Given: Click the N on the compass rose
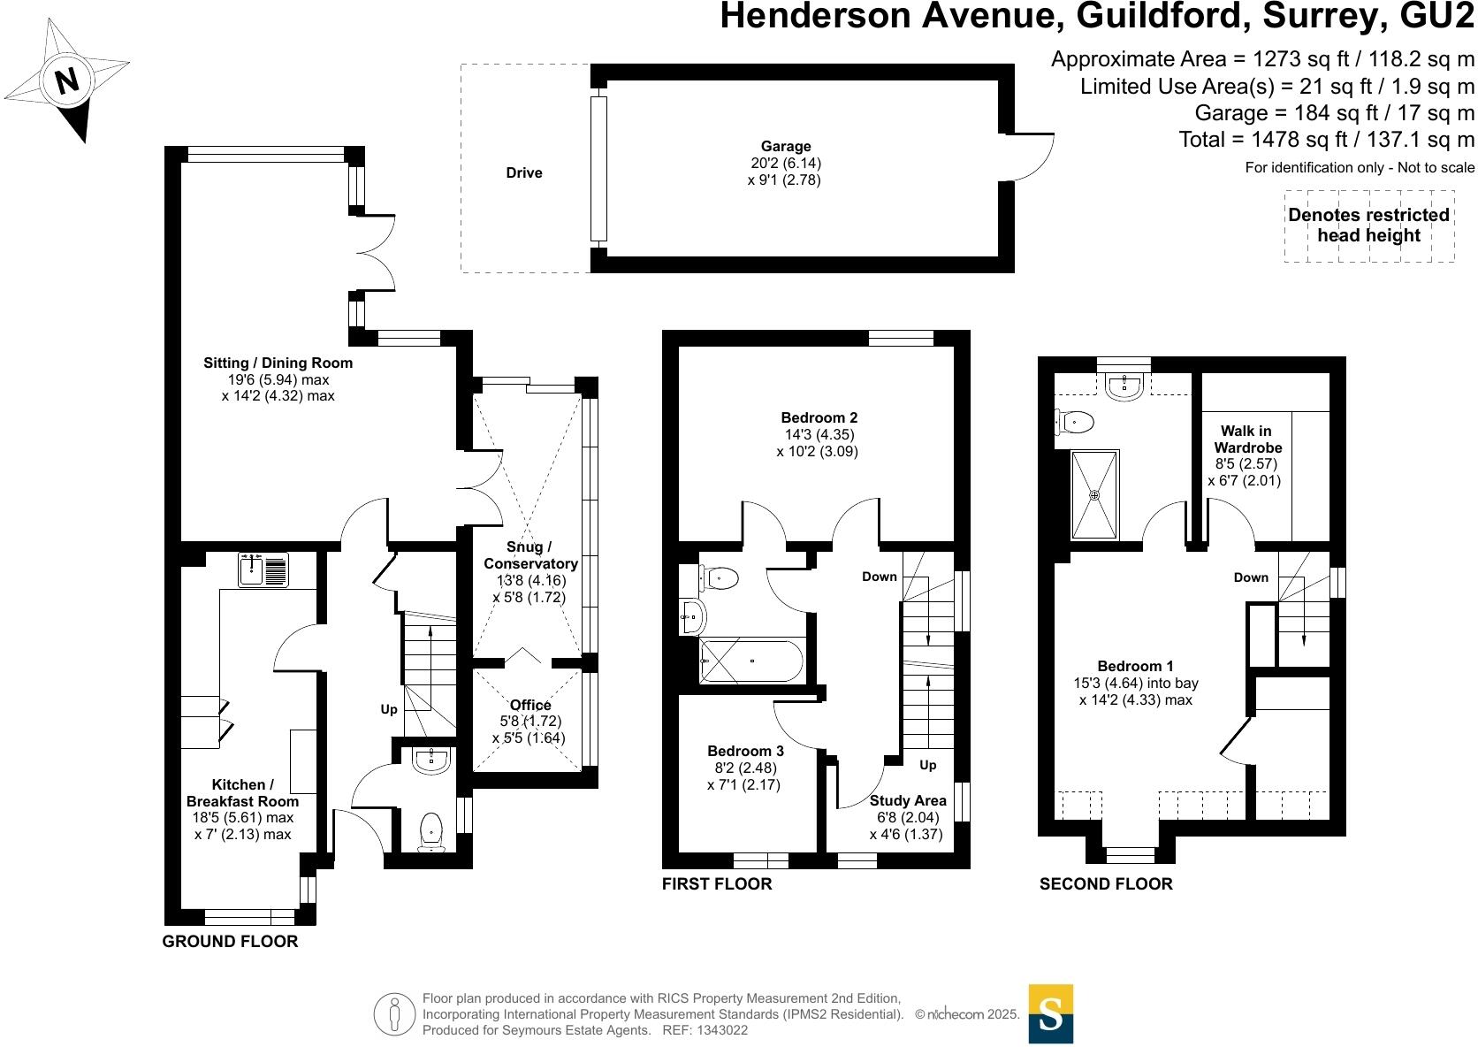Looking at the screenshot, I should point(67,81).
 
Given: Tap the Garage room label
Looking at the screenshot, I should point(785,147).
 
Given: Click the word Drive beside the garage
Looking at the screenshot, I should point(524,173).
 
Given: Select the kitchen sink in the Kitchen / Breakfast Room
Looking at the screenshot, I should point(263,569).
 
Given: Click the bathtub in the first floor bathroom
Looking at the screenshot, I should point(750,661).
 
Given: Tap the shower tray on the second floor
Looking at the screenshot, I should point(1094,494).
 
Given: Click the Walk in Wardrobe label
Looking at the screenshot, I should point(1246,439).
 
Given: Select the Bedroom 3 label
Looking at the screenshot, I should point(745,751).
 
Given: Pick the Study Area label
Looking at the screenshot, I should point(908,800).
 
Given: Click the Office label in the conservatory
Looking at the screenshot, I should point(530,705).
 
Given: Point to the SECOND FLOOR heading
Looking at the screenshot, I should point(1106,884).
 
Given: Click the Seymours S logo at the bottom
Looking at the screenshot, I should point(1050,1013).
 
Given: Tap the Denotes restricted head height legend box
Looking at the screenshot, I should point(1368,225).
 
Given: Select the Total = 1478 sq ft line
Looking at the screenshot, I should point(1326,140).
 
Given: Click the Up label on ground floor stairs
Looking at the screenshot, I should point(389,709).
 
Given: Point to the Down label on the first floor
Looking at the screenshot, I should point(880,577).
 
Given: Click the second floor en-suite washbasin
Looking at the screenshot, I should point(1124,385).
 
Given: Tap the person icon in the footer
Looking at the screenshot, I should point(394,1014).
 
